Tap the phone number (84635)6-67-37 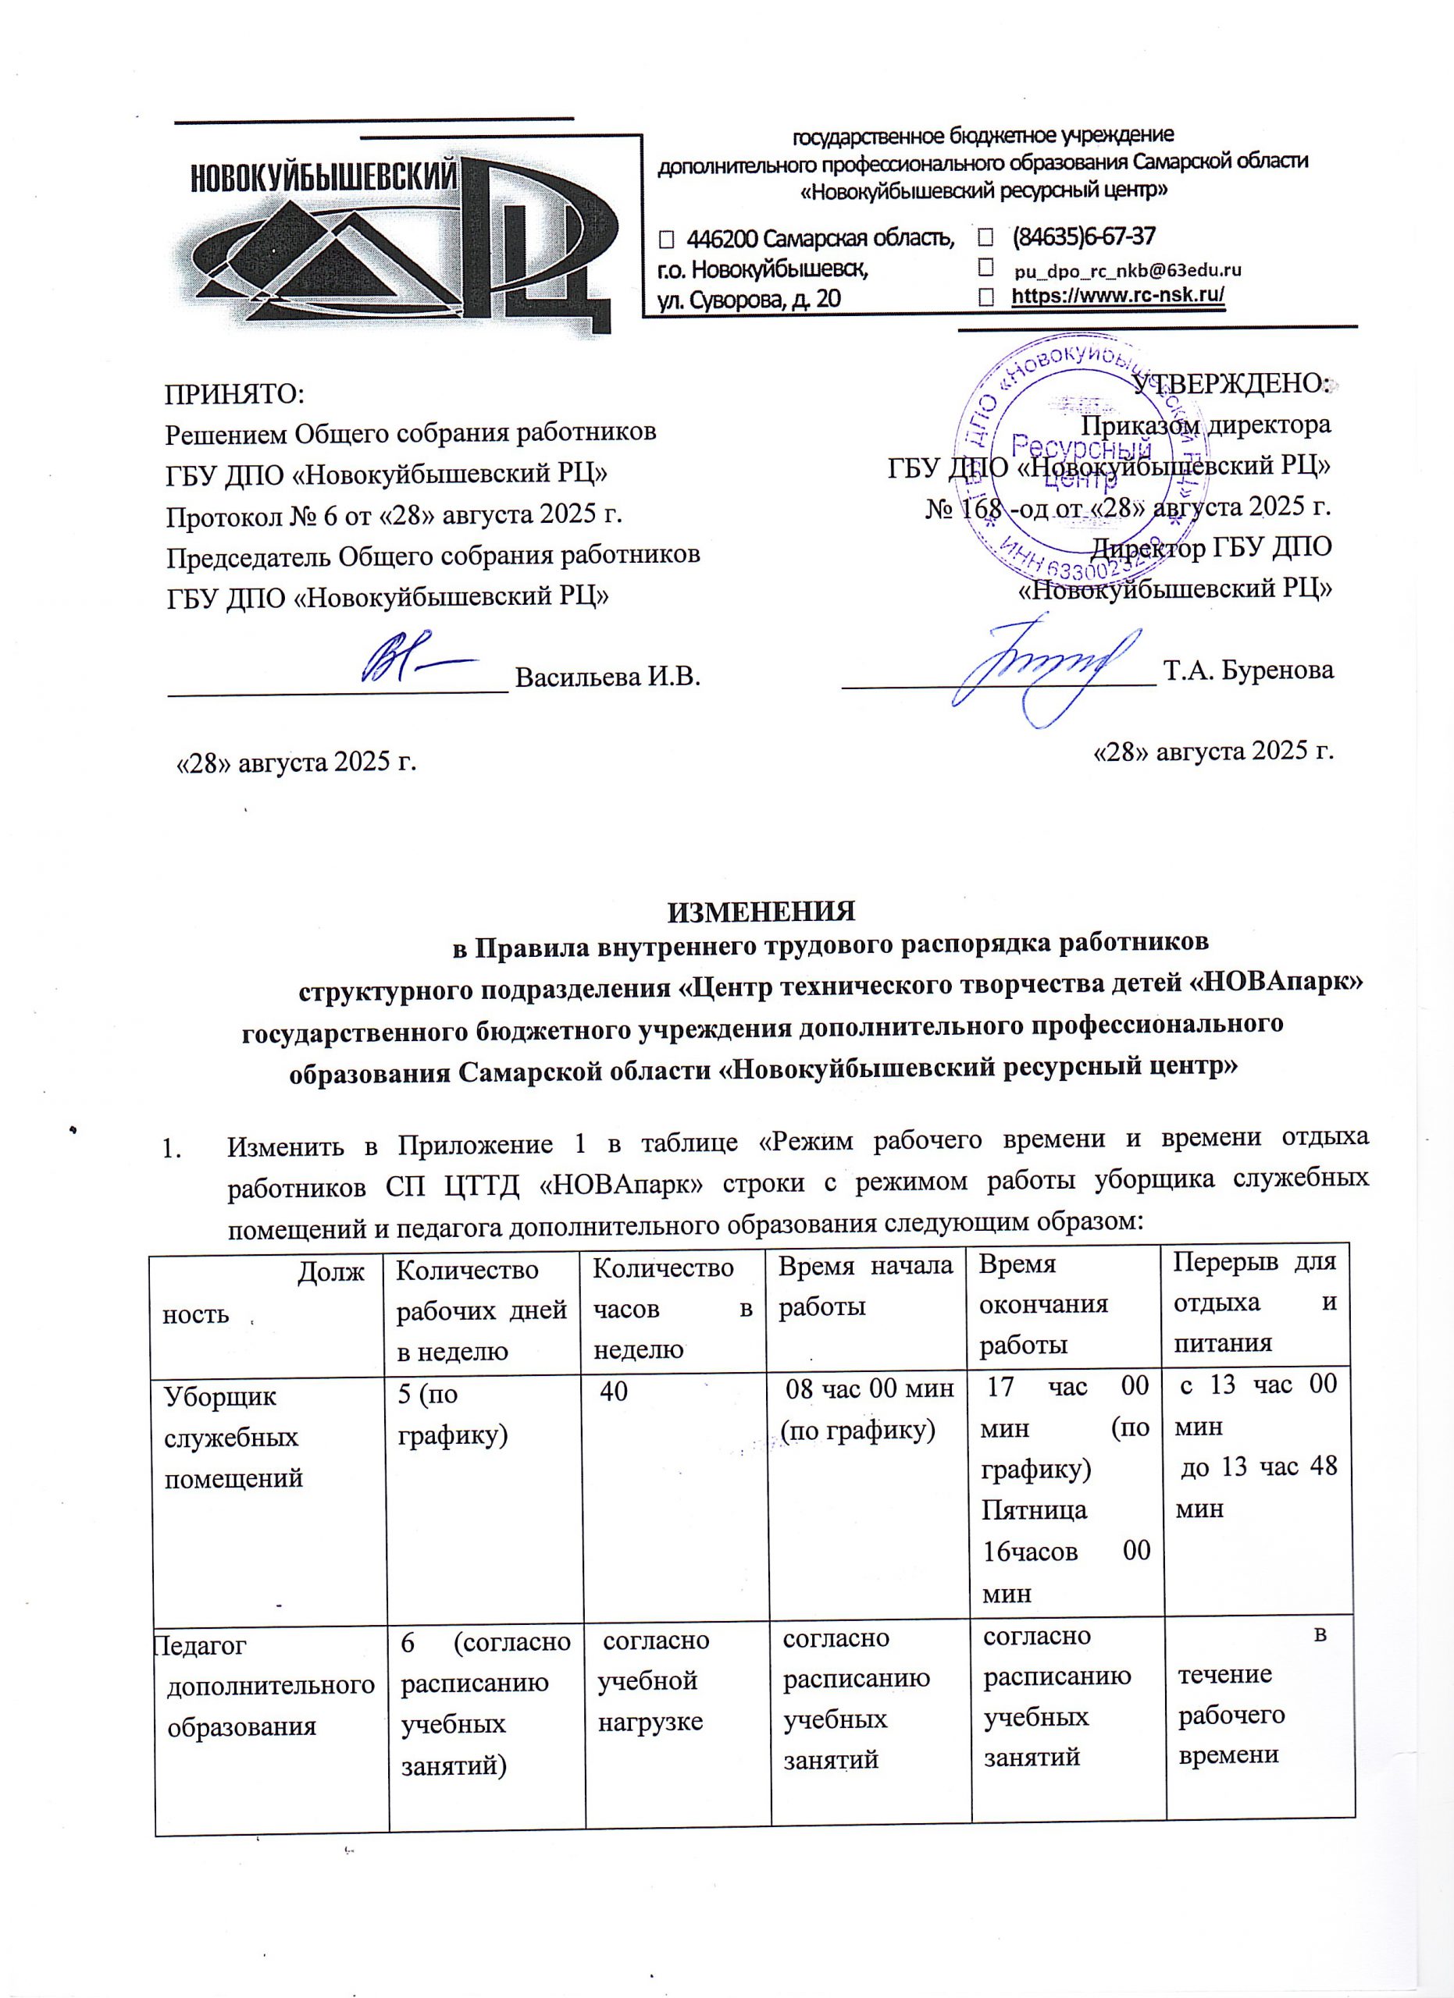click(x=1083, y=237)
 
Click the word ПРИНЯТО click(x=234, y=394)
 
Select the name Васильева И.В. click(x=608, y=677)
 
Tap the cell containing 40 click(x=615, y=1391)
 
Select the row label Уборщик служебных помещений click(x=233, y=1437)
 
